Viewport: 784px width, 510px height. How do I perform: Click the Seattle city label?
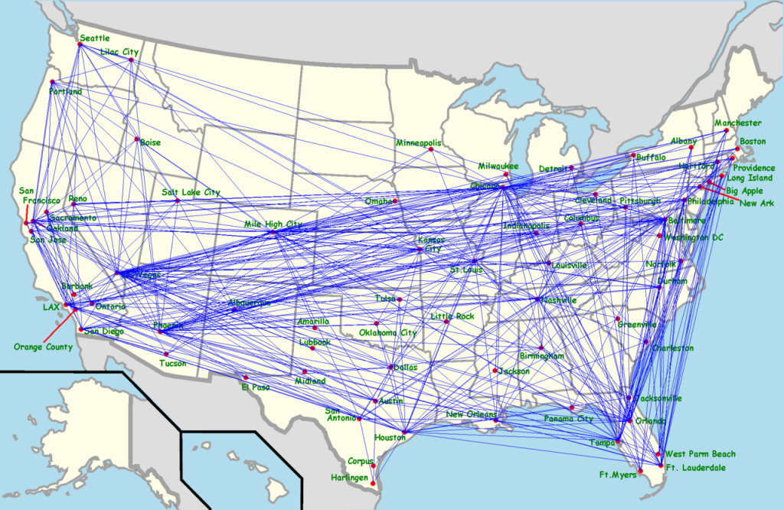pyautogui.click(x=95, y=38)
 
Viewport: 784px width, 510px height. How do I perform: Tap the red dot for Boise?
pyautogui.click(x=137, y=139)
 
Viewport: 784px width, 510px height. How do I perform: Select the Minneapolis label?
pyautogui.click(x=419, y=143)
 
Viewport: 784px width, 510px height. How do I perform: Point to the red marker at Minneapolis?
pyautogui.click(x=431, y=149)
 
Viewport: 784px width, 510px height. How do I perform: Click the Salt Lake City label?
pyautogui.click(x=191, y=192)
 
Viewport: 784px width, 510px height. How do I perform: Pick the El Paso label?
pyautogui.click(x=256, y=387)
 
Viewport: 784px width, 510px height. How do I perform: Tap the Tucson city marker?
pyautogui.click(x=165, y=354)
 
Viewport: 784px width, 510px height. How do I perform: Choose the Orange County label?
pyautogui.click(x=43, y=347)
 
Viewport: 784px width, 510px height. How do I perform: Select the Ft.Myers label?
pyautogui.click(x=614, y=475)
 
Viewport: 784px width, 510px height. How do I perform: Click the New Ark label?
pyautogui.click(x=758, y=203)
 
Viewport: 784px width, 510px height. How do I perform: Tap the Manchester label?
pyautogui.click(x=737, y=123)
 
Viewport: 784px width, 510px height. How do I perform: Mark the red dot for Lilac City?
pyautogui.click(x=134, y=60)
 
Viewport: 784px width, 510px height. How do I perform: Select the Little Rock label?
pyautogui.click(x=452, y=316)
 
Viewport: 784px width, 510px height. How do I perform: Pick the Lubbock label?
pyautogui.click(x=315, y=342)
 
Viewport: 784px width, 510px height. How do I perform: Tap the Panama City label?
pyautogui.click(x=569, y=419)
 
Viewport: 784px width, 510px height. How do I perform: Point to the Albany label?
pyautogui.click(x=684, y=141)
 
